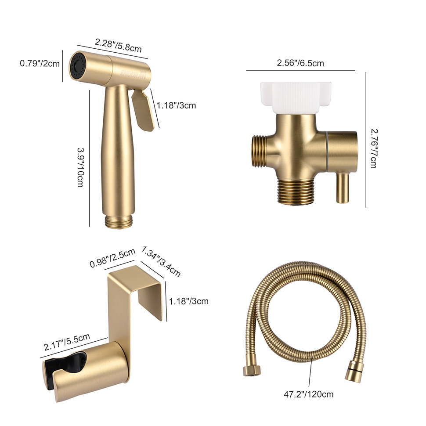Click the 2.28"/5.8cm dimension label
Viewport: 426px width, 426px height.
118,46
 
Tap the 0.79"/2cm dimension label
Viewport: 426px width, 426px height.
40,64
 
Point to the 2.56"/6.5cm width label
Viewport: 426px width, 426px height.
300,63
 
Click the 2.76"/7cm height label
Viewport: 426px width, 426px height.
374,148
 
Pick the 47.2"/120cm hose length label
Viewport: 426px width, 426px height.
309,394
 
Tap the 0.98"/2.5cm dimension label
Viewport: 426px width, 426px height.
112,258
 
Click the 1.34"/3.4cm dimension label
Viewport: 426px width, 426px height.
161,261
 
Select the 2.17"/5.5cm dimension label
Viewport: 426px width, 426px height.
67,342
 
